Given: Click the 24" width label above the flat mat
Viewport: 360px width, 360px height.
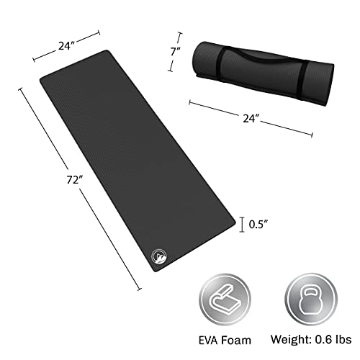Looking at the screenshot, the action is (x=65, y=45).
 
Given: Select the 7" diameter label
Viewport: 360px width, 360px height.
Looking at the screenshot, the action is (x=174, y=51).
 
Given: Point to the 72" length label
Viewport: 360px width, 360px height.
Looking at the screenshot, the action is (x=73, y=179).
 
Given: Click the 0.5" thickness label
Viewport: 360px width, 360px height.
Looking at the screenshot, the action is (x=258, y=225).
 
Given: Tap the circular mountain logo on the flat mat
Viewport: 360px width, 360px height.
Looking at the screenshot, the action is (x=160, y=256).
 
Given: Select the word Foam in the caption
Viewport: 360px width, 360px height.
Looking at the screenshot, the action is (x=236, y=340).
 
